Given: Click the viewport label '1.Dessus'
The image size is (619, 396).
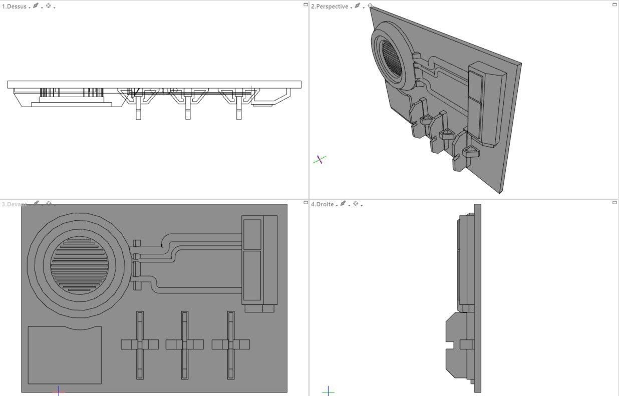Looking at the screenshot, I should (x=14, y=7).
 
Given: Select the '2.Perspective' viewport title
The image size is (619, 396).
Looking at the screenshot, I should (x=330, y=7).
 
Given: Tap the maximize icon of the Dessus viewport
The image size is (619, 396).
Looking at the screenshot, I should (x=305, y=5).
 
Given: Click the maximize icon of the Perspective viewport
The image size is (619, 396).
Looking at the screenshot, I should (x=614, y=5).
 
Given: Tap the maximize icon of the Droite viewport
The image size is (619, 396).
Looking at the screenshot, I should (x=614, y=202).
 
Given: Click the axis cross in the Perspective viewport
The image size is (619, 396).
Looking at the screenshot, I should (x=320, y=160).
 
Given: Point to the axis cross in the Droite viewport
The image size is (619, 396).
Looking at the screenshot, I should (x=328, y=391).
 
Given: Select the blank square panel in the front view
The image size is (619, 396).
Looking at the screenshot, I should (x=64, y=355).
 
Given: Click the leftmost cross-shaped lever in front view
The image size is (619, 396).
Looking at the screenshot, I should (x=140, y=344).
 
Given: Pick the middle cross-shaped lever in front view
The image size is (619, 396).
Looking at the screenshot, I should (x=185, y=344).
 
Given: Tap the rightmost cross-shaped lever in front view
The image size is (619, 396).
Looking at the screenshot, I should (x=231, y=344).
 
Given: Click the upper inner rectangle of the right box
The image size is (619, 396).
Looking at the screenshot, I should (x=252, y=234).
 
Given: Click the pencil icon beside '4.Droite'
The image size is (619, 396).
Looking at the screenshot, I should (x=343, y=204).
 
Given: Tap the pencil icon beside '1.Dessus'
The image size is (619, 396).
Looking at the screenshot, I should (x=36, y=6).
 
